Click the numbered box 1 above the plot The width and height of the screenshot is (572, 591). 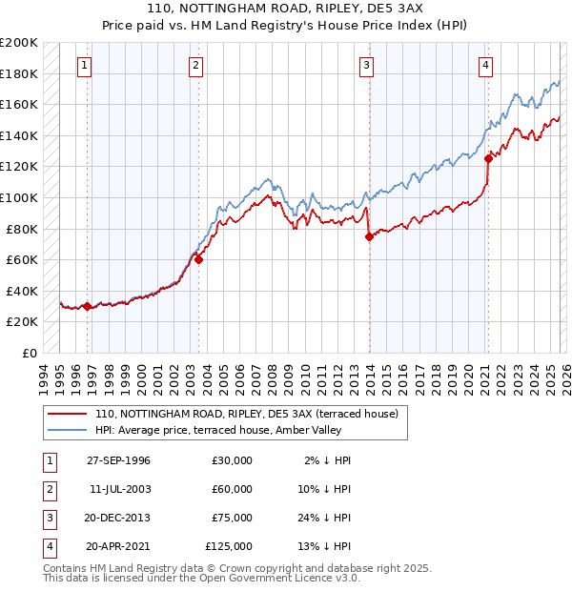(85, 66)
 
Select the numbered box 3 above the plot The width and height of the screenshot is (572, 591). (367, 66)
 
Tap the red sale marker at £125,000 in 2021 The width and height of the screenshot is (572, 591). (488, 159)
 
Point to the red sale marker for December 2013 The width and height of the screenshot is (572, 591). (369, 237)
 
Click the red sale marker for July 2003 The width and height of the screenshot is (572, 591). (199, 259)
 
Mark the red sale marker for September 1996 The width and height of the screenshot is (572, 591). (87, 306)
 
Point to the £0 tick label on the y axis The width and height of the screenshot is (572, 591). (29, 353)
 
